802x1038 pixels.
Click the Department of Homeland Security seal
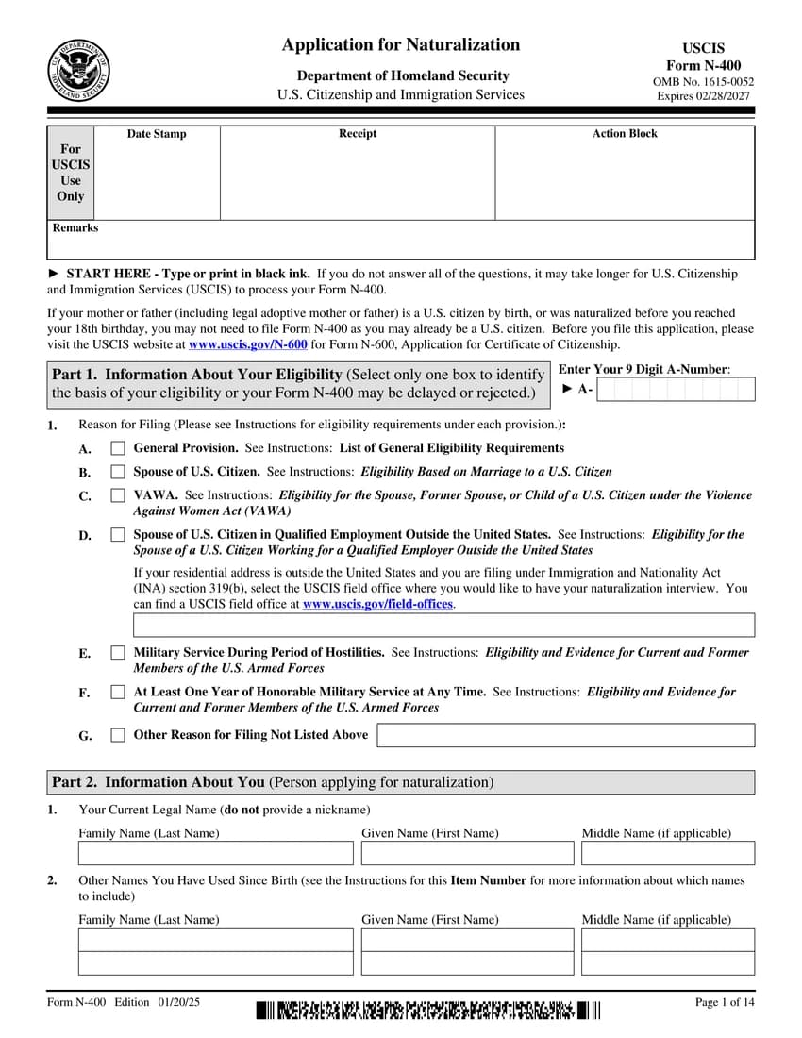(x=79, y=70)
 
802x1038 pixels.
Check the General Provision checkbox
(x=118, y=448)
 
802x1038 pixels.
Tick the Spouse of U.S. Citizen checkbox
(x=118, y=472)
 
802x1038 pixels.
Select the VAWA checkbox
(x=118, y=495)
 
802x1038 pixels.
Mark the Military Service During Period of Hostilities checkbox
(x=118, y=653)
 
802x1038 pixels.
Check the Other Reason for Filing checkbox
(x=118, y=735)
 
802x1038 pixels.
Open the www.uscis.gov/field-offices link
(x=377, y=604)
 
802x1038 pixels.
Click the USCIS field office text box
(x=444, y=625)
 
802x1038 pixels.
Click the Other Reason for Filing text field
(x=566, y=735)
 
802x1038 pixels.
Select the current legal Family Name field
(x=216, y=853)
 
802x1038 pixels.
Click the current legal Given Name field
(x=467, y=853)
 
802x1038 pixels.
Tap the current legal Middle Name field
(x=668, y=853)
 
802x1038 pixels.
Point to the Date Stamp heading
(x=157, y=134)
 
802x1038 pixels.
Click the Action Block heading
(x=625, y=134)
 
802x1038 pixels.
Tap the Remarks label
(x=75, y=228)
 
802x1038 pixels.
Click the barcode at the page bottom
(x=427, y=1012)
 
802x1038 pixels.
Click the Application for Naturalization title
(x=401, y=45)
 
